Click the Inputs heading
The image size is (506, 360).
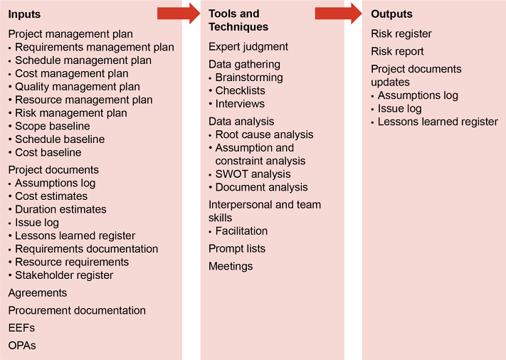pos(24,14)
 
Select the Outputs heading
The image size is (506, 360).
pos(391,14)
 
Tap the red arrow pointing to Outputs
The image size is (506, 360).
pos(339,13)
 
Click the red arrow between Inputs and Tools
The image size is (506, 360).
pos(179,13)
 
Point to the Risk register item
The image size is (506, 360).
pos(401,33)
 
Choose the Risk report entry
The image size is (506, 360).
pos(397,51)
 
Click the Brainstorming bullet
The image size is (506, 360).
pos(248,78)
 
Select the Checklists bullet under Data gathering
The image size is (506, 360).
pos(240,90)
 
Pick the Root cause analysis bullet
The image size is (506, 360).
pos(264,134)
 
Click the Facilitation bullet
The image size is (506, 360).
pos(241,231)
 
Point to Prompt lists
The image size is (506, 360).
pos(237,248)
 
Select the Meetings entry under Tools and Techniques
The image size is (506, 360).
pos(231,266)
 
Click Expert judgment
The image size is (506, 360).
pos(248,47)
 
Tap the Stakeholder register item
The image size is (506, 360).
pos(64,275)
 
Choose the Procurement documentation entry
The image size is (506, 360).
pos(77,310)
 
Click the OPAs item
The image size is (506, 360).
pos(22,345)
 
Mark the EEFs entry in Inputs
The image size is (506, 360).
pos(21,328)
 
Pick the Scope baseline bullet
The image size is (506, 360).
pos(53,126)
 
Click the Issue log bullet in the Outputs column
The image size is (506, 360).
pos(399,109)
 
